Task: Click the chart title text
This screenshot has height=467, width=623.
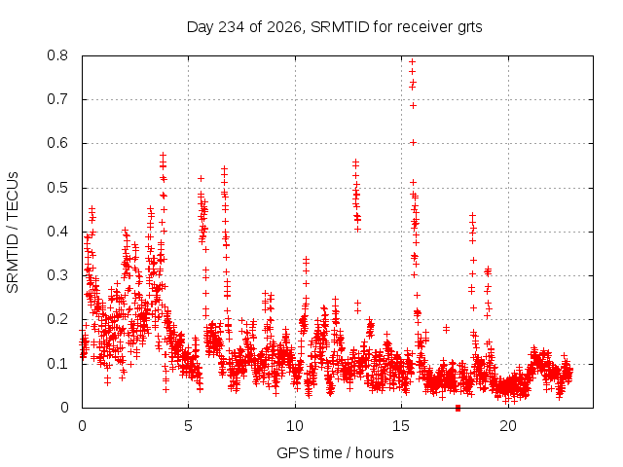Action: [334, 27]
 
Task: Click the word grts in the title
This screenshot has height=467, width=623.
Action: [470, 28]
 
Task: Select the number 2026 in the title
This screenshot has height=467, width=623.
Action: [283, 27]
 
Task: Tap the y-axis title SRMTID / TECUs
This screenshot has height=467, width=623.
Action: [13, 233]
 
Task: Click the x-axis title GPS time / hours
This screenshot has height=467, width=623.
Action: [335, 452]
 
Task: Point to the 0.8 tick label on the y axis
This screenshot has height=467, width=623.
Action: [57, 55]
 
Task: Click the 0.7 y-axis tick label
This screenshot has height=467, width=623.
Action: [57, 99]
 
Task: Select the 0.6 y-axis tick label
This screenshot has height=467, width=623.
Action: [57, 143]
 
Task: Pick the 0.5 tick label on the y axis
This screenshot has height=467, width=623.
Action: [57, 188]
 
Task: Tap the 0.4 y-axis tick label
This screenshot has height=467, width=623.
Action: [57, 232]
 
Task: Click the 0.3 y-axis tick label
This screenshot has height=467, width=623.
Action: [57, 275]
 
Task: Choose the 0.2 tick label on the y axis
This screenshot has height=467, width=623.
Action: [57, 319]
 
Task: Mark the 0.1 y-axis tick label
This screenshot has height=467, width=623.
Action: [57, 363]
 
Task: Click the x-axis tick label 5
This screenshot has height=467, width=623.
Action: [188, 426]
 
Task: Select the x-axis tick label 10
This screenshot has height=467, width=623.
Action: [295, 426]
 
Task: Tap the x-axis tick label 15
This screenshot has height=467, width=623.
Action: [401, 426]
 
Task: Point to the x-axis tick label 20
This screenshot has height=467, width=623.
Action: [508, 426]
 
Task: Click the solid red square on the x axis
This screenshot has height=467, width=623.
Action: [458, 408]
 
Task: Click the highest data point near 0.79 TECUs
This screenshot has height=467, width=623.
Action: [412, 61]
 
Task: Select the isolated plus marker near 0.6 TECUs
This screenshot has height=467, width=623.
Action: [413, 143]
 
